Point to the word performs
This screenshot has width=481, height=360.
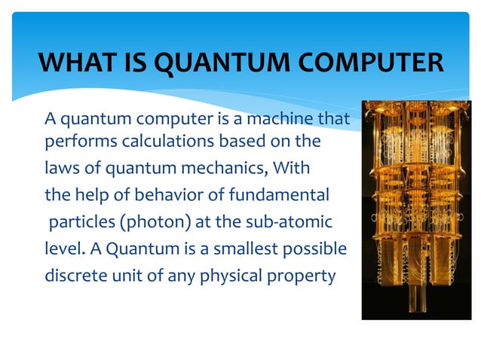tap(77, 142)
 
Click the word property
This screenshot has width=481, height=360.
tap(306, 276)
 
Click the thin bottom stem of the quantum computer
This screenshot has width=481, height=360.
tap(413, 304)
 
